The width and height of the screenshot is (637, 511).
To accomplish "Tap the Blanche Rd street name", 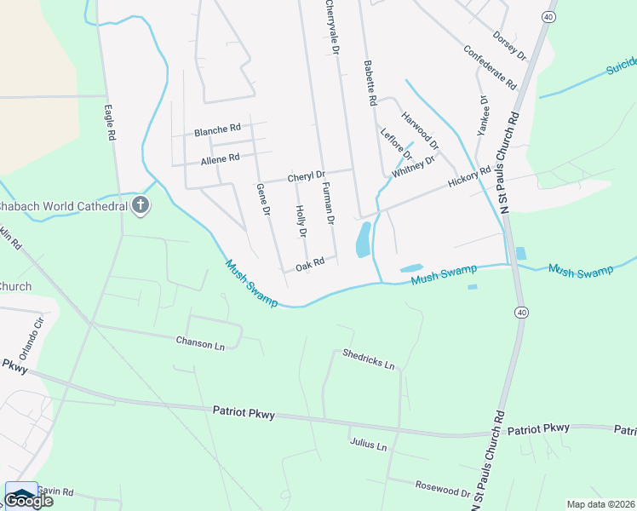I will point(217,130).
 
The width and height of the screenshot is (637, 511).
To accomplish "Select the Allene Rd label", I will point(220,158).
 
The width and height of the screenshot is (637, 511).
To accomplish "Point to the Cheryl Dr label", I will point(306,176).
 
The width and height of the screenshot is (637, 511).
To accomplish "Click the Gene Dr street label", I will point(263,198).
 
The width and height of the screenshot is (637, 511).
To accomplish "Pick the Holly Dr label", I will point(301,221).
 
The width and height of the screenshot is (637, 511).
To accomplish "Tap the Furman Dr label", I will point(328,207).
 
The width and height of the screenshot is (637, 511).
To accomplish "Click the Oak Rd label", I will point(310,265).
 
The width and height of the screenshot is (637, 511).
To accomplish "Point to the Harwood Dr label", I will point(419,129).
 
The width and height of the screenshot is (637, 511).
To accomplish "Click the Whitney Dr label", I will point(414,166).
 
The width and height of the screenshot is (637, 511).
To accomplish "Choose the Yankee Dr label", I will point(485,112).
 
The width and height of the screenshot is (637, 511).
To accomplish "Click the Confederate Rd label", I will point(490,67).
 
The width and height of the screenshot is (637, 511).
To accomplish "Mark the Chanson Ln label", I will point(200,344).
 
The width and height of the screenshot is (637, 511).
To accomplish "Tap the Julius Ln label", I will point(368,444).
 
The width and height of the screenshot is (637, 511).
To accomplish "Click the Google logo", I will point(28,500).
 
